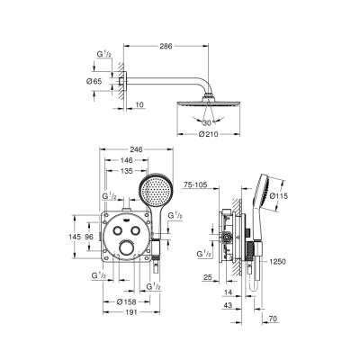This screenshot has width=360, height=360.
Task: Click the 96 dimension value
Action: (88, 237)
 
